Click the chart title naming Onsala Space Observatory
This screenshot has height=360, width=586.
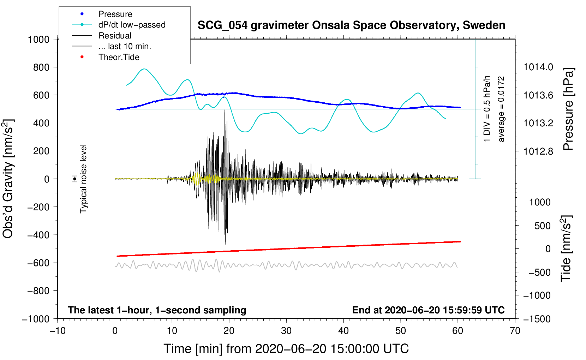(x=351, y=25)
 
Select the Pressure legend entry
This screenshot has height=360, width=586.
(x=115, y=14)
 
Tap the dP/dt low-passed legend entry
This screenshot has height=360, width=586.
(x=132, y=25)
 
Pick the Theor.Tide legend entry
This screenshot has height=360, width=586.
(x=119, y=57)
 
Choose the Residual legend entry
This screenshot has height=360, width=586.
(x=115, y=36)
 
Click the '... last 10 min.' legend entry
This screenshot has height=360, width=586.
(x=124, y=46)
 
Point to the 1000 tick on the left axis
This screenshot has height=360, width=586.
(x=38, y=39)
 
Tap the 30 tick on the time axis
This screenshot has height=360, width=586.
(x=286, y=331)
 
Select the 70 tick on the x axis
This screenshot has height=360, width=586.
(x=515, y=331)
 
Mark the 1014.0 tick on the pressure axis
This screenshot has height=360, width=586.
(x=538, y=67)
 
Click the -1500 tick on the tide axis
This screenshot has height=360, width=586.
(x=537, y=319)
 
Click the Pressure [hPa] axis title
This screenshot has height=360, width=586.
(x=568, y=109)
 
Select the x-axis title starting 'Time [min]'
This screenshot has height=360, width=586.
(x=286, y=349)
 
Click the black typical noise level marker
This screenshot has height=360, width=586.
(x=75, y=179)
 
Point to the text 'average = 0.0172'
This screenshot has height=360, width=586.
(x=501, y=109)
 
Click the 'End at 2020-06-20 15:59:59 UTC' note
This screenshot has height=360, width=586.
(x=428, y=310)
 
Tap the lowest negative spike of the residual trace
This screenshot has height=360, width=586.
(x=225, y=244)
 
